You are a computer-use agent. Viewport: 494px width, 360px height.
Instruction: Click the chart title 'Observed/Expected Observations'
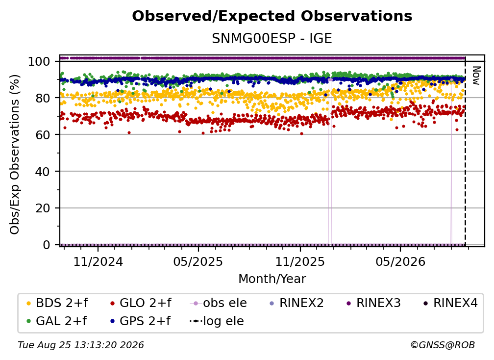click(272, 16)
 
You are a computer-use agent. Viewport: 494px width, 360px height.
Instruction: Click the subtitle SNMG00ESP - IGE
click(272, 39)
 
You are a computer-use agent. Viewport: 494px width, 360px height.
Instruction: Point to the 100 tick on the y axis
click(39, 61)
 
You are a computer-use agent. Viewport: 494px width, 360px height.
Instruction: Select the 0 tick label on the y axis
click(47, 245)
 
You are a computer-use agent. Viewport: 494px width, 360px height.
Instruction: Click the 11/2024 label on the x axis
click(98, 261)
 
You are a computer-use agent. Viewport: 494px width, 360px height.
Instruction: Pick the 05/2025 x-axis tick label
click(198, 261)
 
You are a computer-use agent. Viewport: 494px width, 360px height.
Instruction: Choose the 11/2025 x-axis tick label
click(300, 261)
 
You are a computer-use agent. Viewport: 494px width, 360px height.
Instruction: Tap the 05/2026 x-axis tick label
click(400, 261)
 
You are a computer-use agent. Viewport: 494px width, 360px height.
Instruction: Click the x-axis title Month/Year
click(272, 279)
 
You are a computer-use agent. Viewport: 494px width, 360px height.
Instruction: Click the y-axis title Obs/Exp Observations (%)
click(15, 154)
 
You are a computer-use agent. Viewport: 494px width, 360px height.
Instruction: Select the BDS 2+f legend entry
click(57, 303)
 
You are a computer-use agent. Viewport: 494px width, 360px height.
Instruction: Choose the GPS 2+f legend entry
click(140, 321)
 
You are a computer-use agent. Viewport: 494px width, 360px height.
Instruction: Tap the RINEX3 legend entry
click(373, 303)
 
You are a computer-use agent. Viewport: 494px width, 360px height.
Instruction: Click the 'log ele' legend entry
click(217, 321)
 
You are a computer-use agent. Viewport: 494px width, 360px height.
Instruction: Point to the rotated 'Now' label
click(476, 76)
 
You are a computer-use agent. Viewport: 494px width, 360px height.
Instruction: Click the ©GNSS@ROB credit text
click(443, 345)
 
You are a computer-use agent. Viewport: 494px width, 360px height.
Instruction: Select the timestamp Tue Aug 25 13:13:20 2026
click(81, 345)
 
